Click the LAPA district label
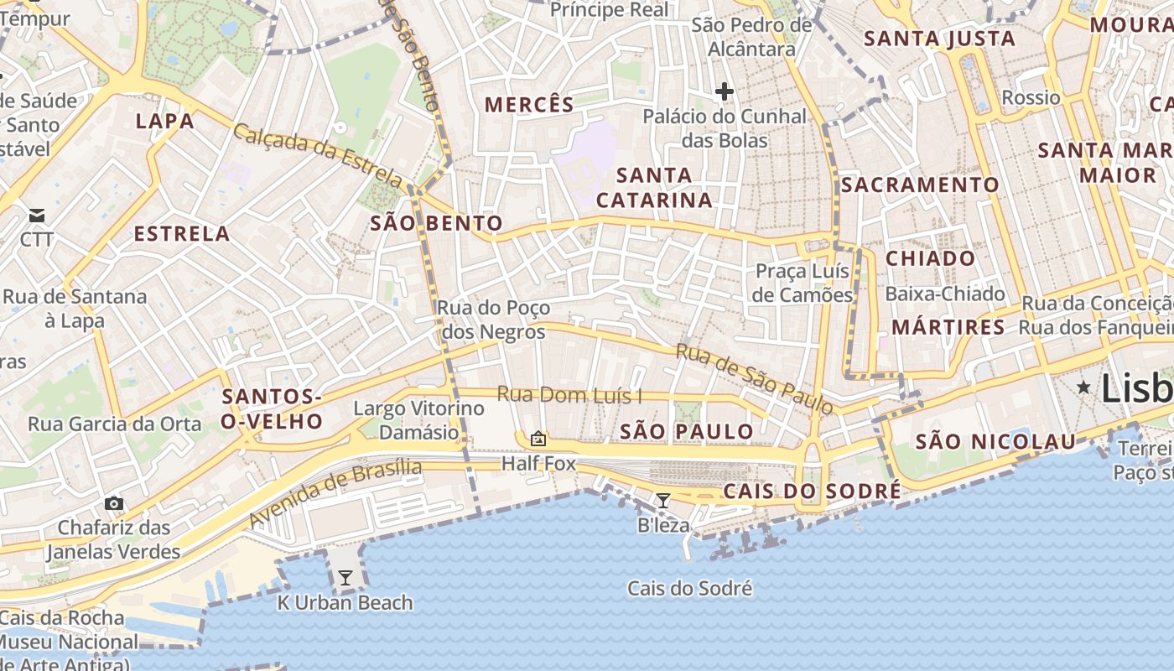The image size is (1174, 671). click(165, 122)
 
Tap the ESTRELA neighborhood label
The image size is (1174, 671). click(182, 234)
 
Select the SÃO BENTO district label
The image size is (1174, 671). click(436, 223)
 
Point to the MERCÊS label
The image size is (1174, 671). click(530, 105)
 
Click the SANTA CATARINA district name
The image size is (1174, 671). click(654, 188)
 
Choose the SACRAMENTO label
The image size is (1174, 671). click(920, 185)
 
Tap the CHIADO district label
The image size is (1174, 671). click(931, 258)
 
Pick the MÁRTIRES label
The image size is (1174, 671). click(948, 327)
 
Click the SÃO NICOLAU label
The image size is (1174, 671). click(995, 442)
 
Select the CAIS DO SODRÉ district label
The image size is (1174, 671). click(812, 491)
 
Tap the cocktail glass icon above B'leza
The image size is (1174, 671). click(663, 501)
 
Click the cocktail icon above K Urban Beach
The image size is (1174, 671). click(345, 578)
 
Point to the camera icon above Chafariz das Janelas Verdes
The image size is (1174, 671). click(114, 503)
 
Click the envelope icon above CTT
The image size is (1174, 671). click(37, 216)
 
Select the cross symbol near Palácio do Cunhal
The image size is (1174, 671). click(725, 91)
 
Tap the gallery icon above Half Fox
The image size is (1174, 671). click(538, 439)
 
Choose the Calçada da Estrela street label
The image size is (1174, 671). click(318, 154)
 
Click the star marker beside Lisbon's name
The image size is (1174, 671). click(1084, 388)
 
